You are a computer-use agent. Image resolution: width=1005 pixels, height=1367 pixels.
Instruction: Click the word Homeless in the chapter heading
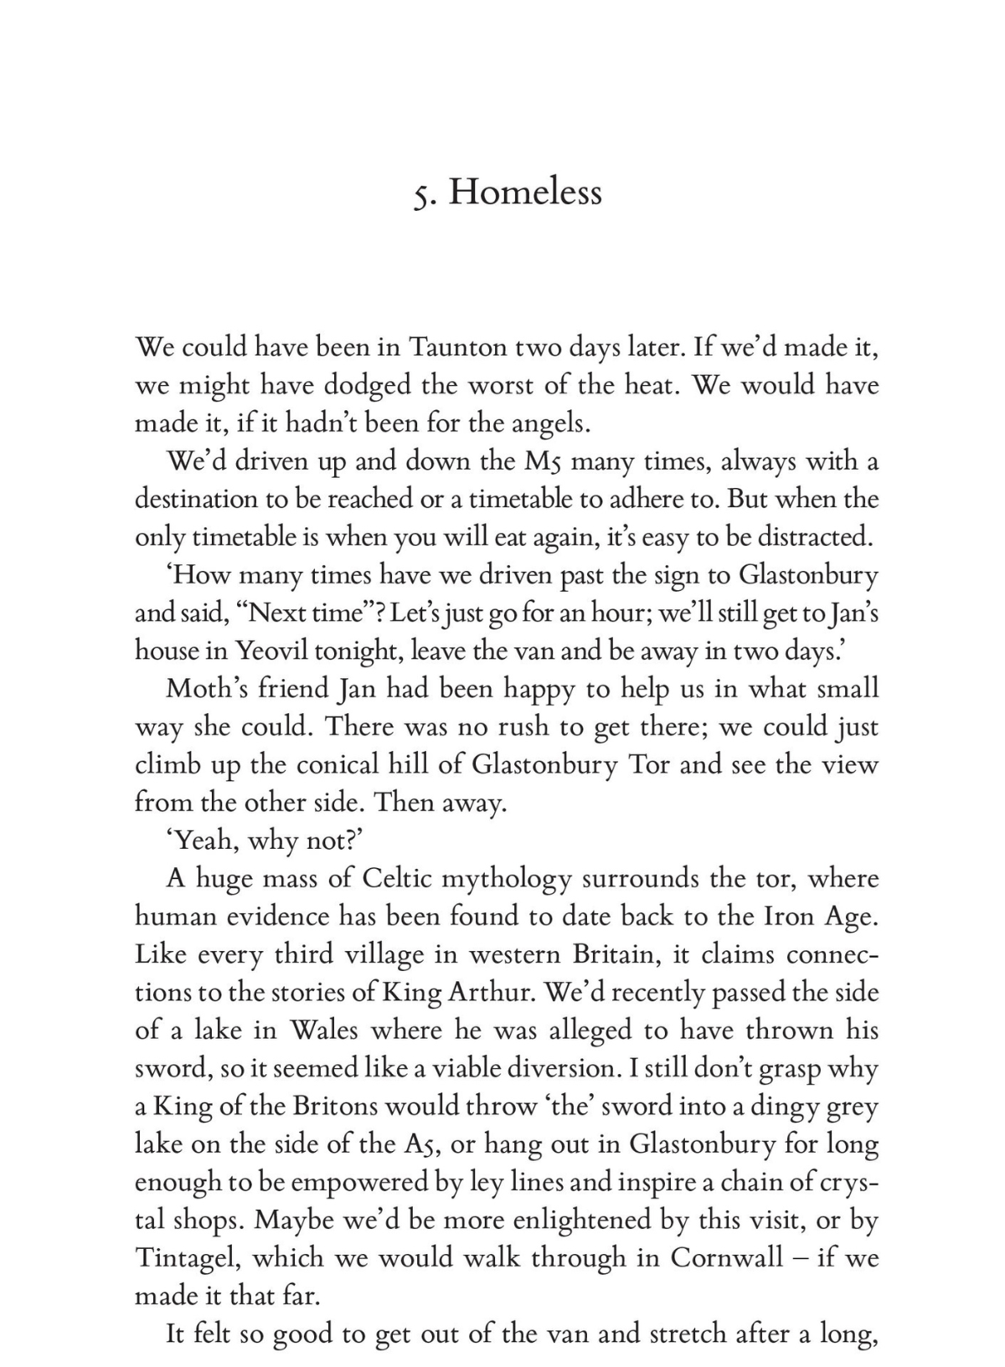(525, 193)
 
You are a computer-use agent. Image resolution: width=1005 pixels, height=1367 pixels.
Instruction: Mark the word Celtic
(396, 878)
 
